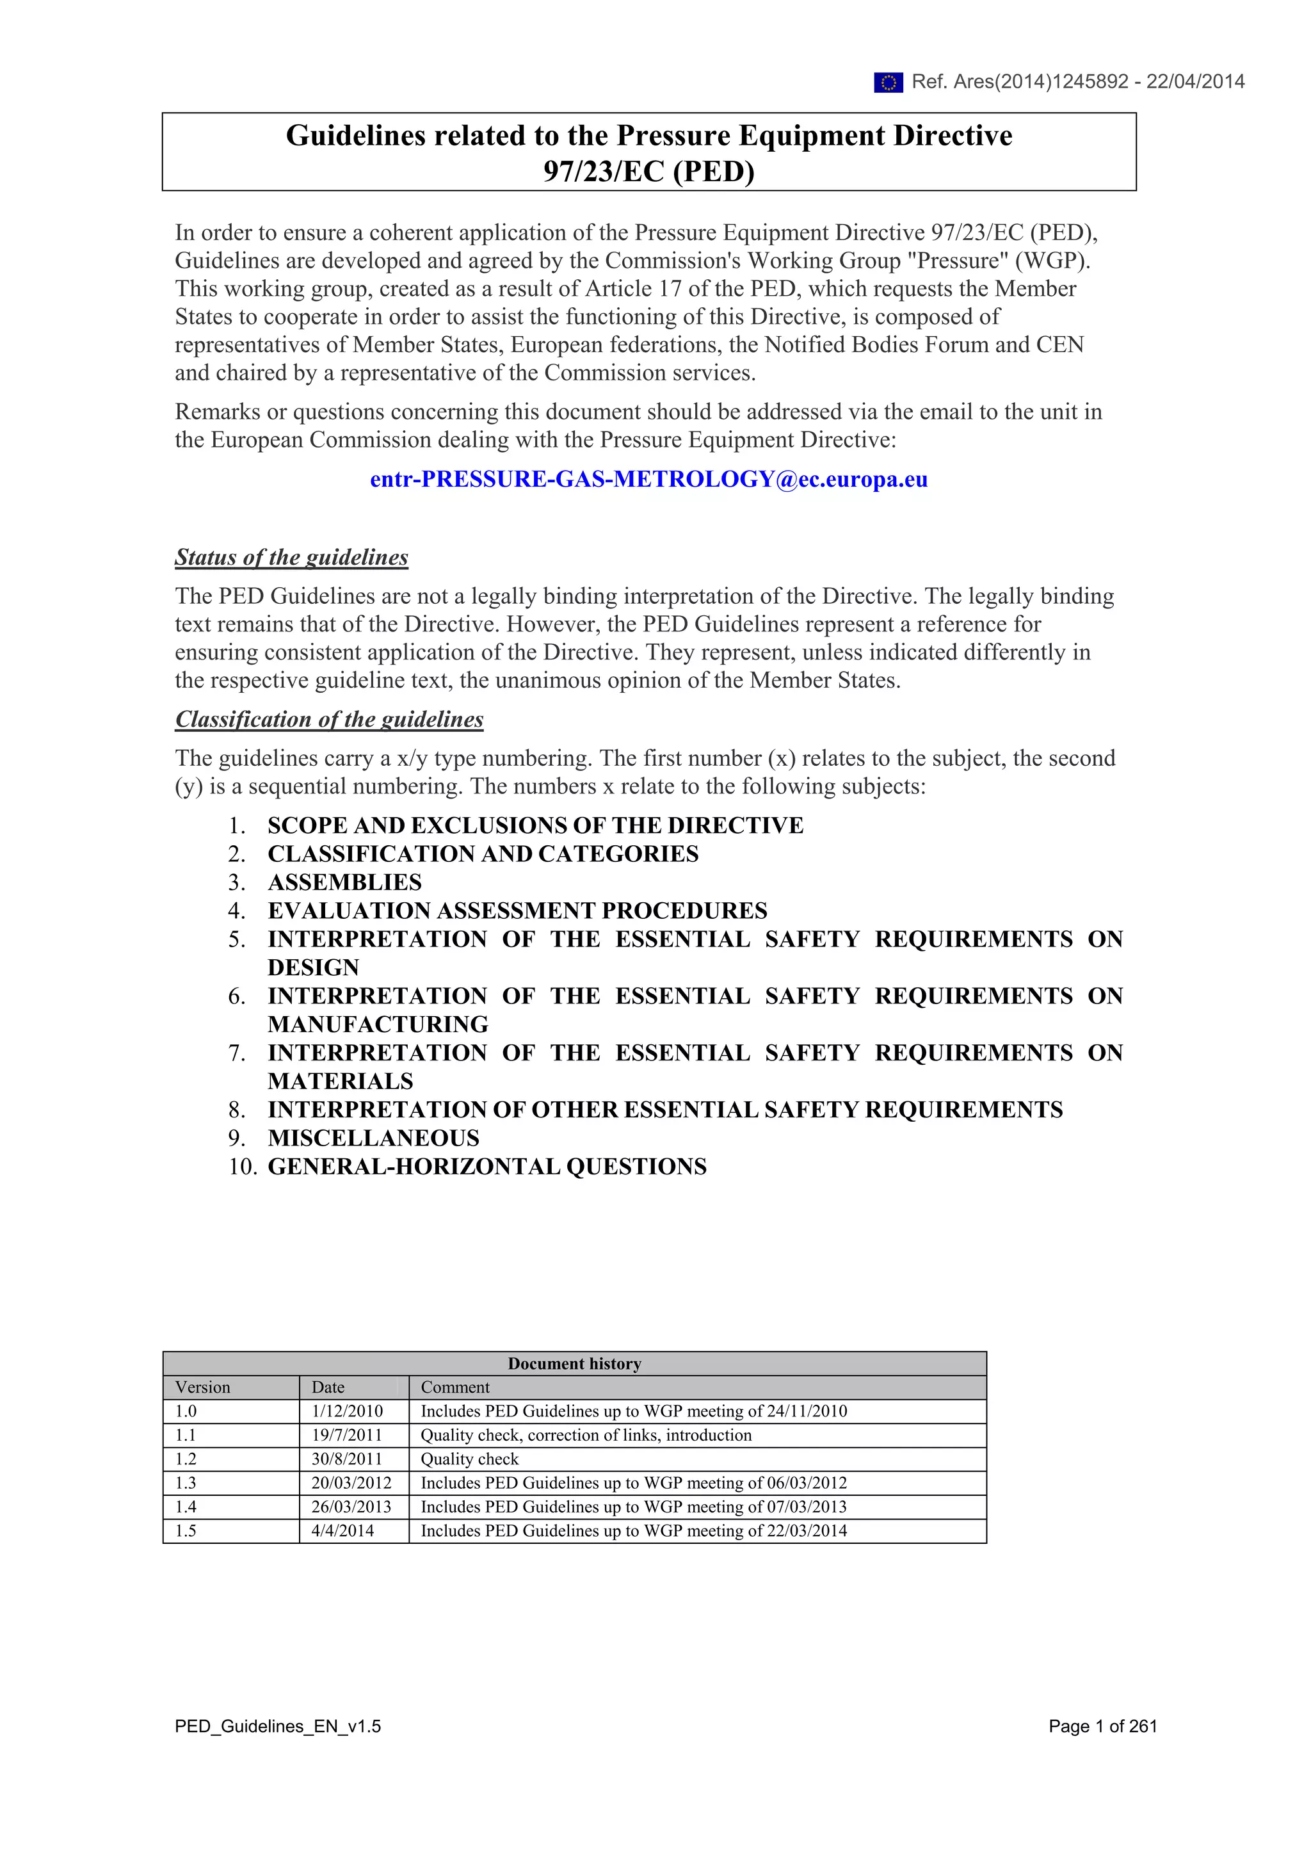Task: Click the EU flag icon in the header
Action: pos(888,83)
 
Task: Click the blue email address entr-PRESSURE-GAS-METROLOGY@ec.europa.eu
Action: pos(648,479)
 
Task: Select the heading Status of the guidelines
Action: pos(292,558)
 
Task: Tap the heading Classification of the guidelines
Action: pos(329,719)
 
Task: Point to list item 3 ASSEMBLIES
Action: pos(344,882)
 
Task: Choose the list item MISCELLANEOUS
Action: pos(373,1138)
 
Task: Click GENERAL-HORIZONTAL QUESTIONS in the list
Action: pos(487,1166)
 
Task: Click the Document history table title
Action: pos(574,1364)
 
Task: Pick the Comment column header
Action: pos(454,1387)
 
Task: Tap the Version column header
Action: pos(203,1387)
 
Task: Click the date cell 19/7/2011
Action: pos(346,1435)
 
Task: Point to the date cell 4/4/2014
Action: pos(342,1530)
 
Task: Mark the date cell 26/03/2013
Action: pos(351,1506)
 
